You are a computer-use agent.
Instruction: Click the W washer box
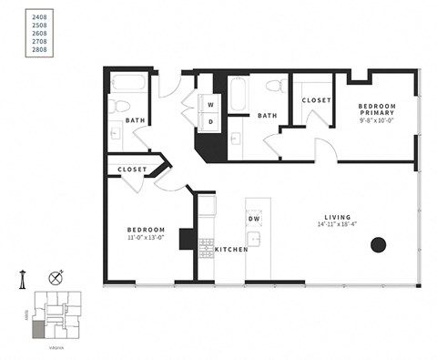[209, 104]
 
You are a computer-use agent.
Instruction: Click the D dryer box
[209, 121]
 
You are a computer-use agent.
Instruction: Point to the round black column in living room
[377, 244]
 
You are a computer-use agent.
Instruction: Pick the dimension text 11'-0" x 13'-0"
[146, 236]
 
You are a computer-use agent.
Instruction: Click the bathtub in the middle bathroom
[238, 93]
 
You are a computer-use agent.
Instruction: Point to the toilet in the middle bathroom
[272, 87]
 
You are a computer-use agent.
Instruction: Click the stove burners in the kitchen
[206, 245]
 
